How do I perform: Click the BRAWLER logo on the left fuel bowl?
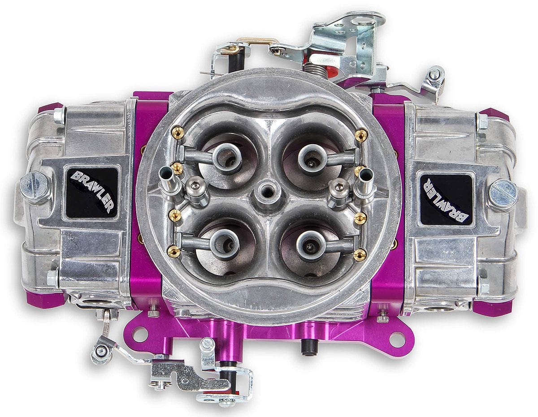tap(91, 193)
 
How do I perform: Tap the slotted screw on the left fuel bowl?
tap(34, 185)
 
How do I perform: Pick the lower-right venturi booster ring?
tap(310, 244)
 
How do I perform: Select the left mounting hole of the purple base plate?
tap(140, 334)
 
